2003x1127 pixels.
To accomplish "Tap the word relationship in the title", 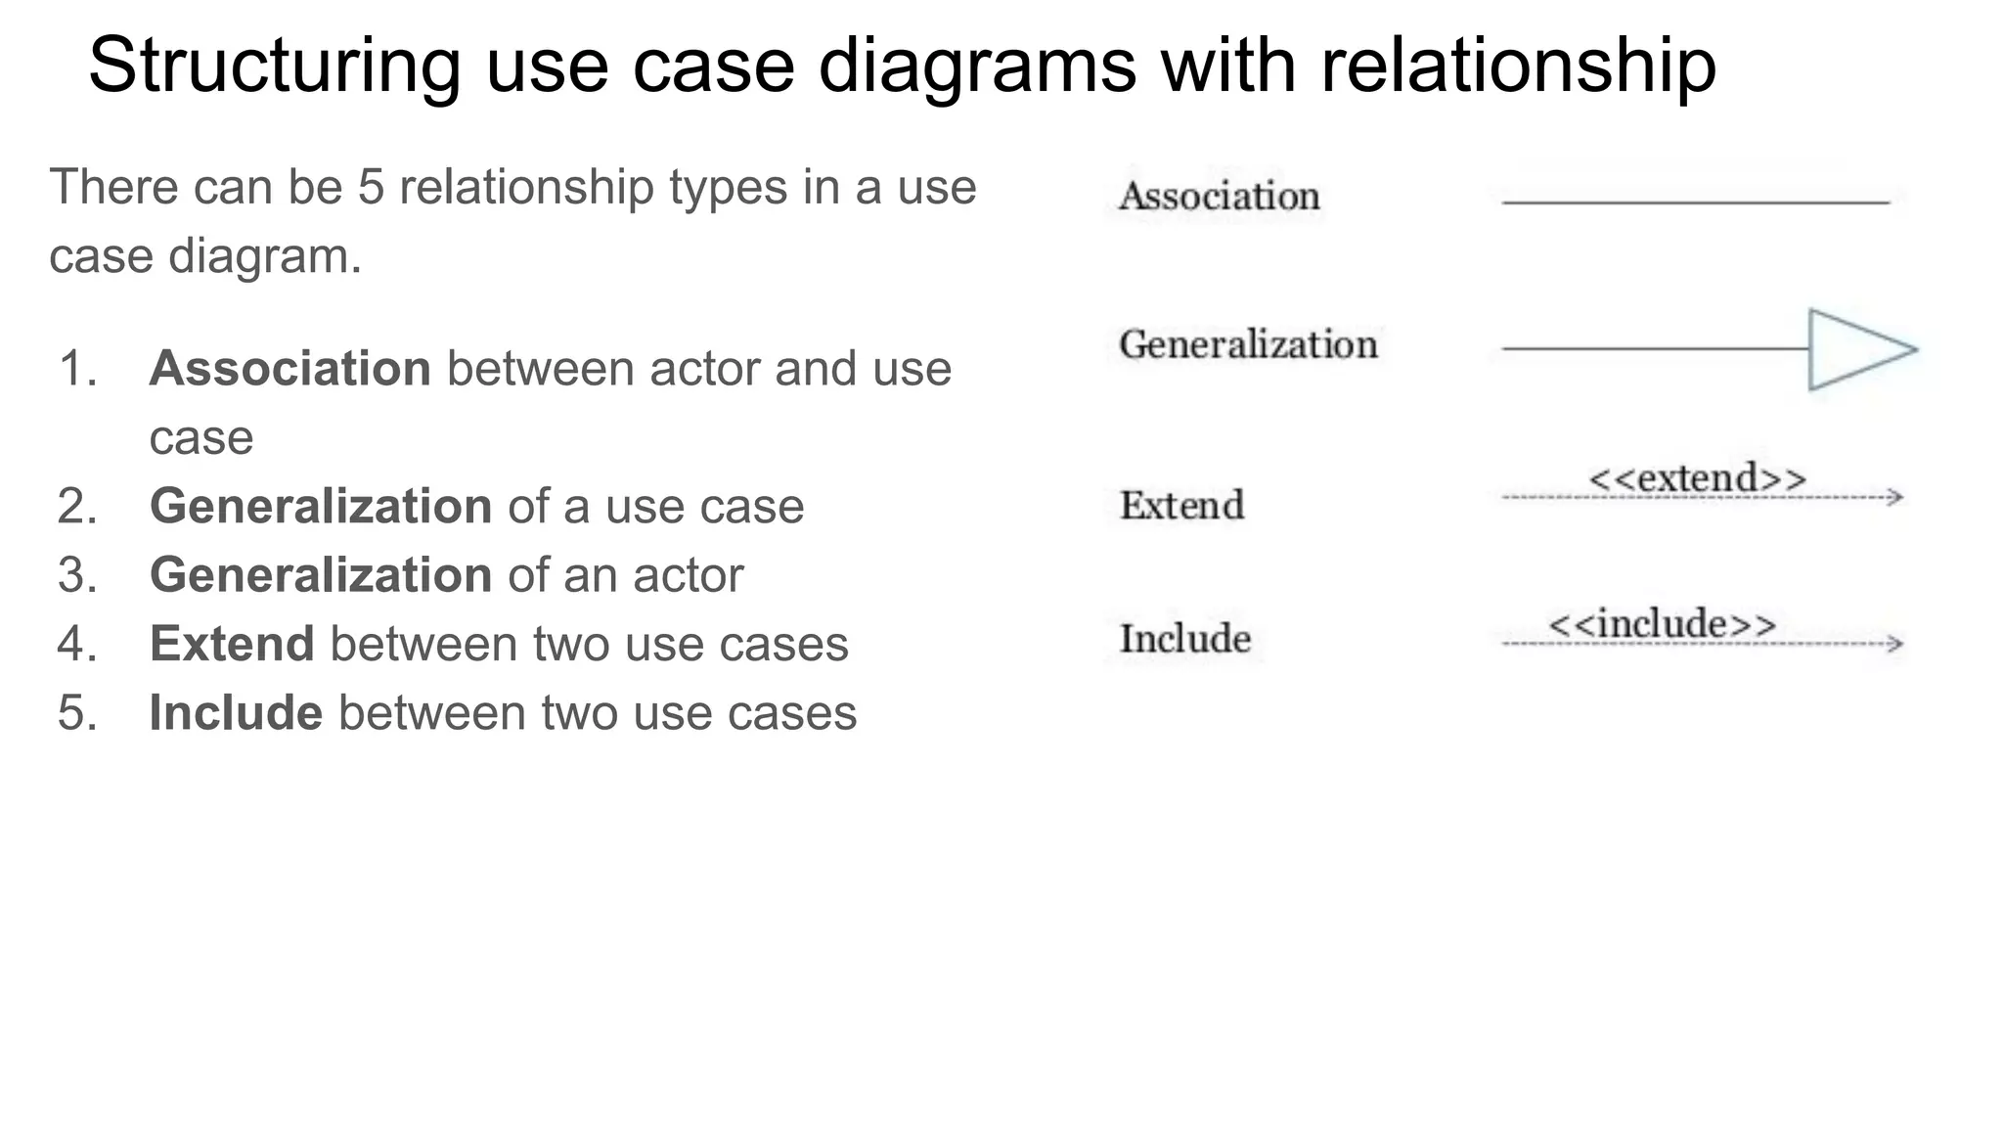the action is point(1518,66).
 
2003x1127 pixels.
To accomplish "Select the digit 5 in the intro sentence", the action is point(371,187).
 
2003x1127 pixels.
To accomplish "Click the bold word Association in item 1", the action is point(290,369).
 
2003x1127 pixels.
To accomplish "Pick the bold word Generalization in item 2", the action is point(321,506).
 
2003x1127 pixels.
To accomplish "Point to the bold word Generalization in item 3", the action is point(321,574).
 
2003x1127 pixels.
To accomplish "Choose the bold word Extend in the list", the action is point(232,644).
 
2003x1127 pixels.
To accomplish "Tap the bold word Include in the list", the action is point(236,712).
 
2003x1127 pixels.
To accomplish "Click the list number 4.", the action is point(77,644).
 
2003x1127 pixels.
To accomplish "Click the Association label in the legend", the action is point(1220,196).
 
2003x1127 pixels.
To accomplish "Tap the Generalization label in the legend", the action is point(1248,344).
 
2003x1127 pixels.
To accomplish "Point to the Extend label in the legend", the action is point(1181,506).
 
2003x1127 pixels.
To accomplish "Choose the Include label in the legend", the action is point(1185,639).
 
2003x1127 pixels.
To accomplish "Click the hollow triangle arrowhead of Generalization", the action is point(1862,349).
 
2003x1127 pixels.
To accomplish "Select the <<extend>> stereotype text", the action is point(1698,478).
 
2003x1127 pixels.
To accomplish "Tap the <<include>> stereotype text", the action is point(1663,624).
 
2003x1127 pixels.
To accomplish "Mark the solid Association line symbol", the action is point(1696,203).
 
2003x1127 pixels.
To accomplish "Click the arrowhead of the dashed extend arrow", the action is point(1895,497).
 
